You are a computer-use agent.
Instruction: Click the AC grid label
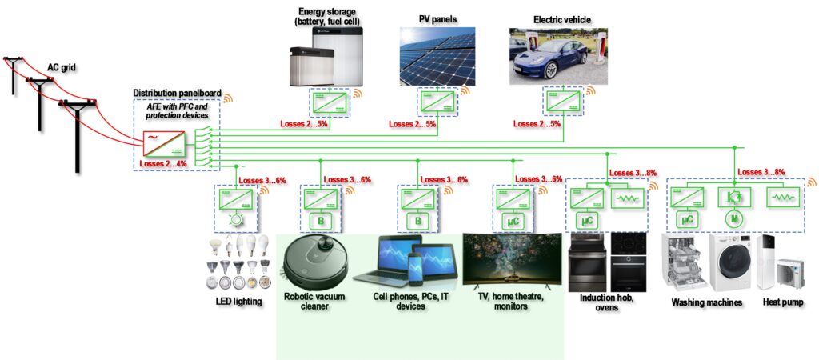(62, 69)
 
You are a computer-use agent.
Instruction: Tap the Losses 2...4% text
(163, 164)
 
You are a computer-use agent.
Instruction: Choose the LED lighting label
(239, 300)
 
